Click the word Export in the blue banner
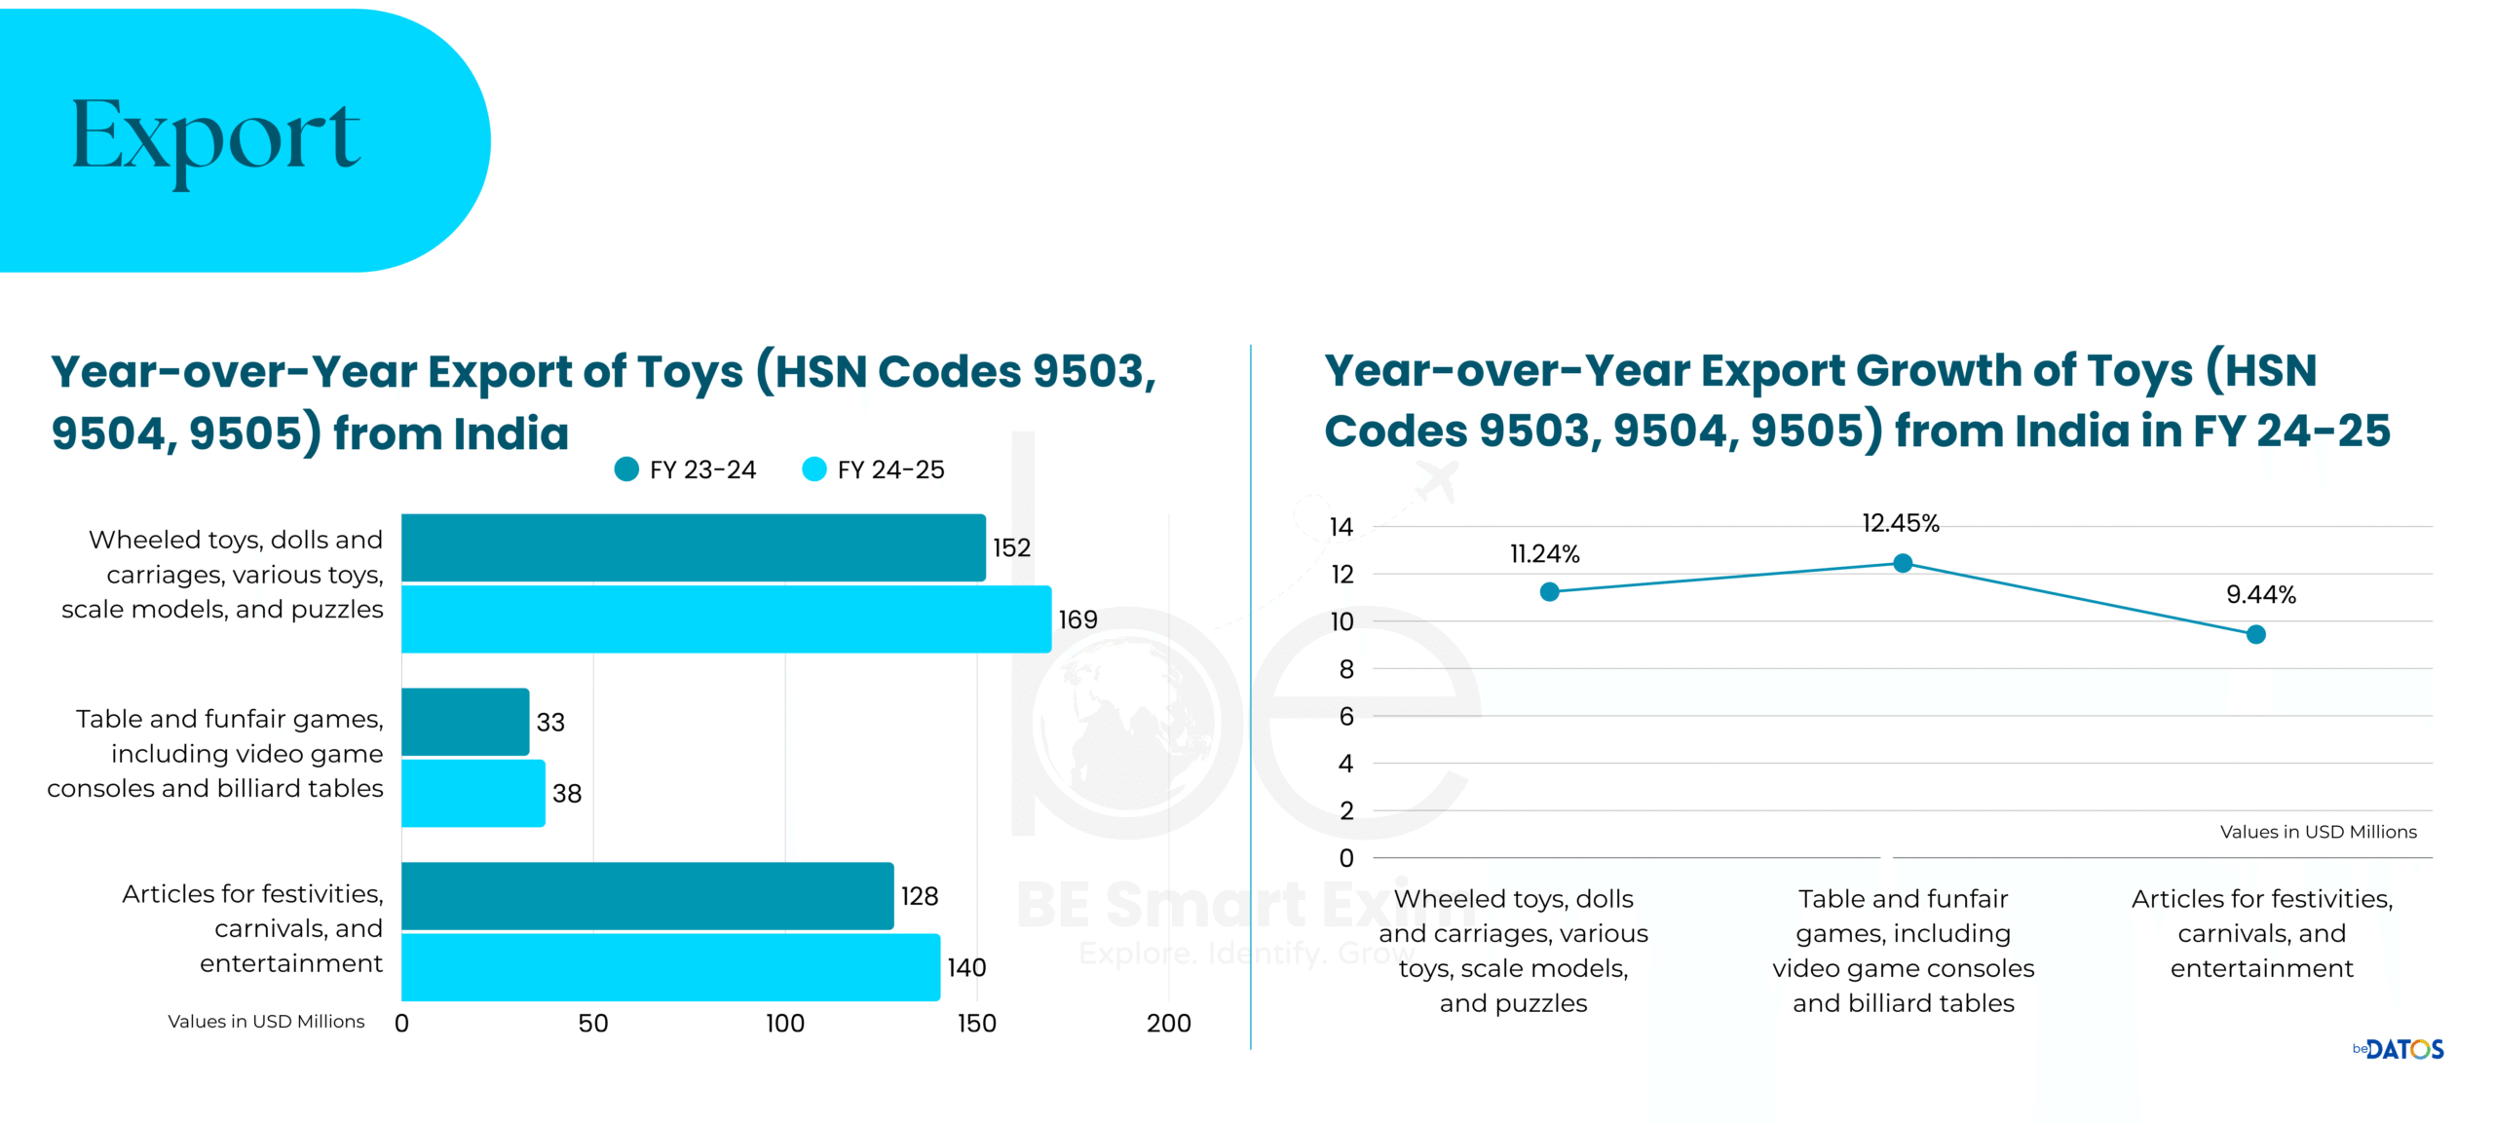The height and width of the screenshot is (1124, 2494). pyautogui.click(x=215, y=136)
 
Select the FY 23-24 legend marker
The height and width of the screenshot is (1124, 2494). pyautogui.click(x=626, y=469)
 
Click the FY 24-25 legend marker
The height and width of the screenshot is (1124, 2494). pyautogui.click(x=813, y=469)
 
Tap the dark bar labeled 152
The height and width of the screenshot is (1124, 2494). pyautogui.click(x=693, y=547)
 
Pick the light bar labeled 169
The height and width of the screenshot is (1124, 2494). pyautogui.click(x=726, y=619)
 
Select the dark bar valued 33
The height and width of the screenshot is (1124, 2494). pyautogui.click(x=465, y=722)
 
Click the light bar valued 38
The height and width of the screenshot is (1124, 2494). pyautogui.click(x=472, y=793)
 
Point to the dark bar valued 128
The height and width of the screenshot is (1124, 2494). pyautogui.click(x=647, y=896)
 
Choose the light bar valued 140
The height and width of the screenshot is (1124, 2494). pyautogui.click(x=670, y=967)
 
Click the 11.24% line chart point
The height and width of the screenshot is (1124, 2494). pyautogui.click(x=1549, y=592)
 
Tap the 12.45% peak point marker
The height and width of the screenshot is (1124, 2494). pyautogui.click(x=1902, y=563)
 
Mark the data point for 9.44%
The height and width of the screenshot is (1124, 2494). pyautogui.click(x=2255, y=635)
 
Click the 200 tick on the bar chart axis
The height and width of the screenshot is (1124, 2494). pyautogui.click(x=1168, y=1024)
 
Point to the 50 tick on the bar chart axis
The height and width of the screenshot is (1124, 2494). pyautogui.click(x=592, y=1024)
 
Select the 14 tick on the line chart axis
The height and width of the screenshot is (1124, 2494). pyautogui.click(x=1341, y=527)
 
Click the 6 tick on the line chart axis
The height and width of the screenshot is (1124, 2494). pyautogui.click(x=1345, y=717)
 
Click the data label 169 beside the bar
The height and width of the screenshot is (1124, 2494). pyautogui.click(x=1077, y=619)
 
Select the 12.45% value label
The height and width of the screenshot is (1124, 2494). pyautogui.click(x=1900, y=524)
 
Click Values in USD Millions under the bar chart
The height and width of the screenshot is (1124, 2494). pyautogui.click(x=266, y=1022)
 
